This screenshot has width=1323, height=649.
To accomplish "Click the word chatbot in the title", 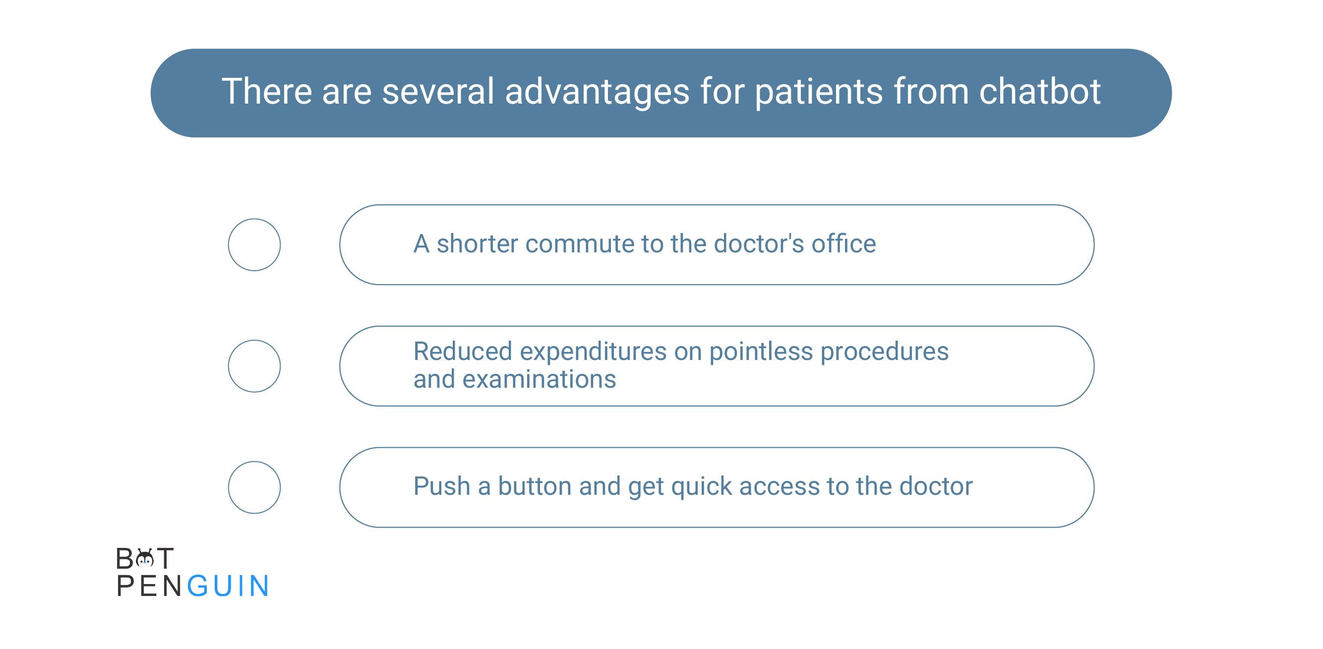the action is (x=1039, y=91).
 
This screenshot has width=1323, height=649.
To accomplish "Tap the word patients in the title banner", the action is (x=819, y=92).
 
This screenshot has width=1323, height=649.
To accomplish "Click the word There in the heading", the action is (x=267, y=91).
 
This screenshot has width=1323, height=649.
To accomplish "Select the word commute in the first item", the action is (x=580, y=244).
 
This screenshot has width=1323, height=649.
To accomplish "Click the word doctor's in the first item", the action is (x=759, y=243).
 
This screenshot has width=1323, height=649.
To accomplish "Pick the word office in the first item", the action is (x=844, y=243).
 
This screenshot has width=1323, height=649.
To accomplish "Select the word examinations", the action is (x=540, y=379).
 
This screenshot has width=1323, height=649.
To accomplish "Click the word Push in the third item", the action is (x=442, y=486).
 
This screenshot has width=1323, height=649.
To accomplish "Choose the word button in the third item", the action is (x=535, y=486).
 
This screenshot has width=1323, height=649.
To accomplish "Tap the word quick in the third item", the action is (x=702, y=487).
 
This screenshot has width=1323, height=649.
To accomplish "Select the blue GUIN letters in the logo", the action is (x=228, y=586).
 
